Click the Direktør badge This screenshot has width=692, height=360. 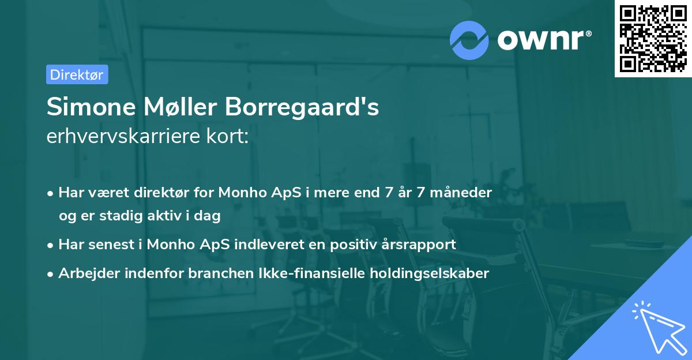point(77,74)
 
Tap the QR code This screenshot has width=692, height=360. point(653,39)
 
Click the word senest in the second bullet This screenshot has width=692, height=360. point(107,245)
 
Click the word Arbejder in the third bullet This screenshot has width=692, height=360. point(85,273)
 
